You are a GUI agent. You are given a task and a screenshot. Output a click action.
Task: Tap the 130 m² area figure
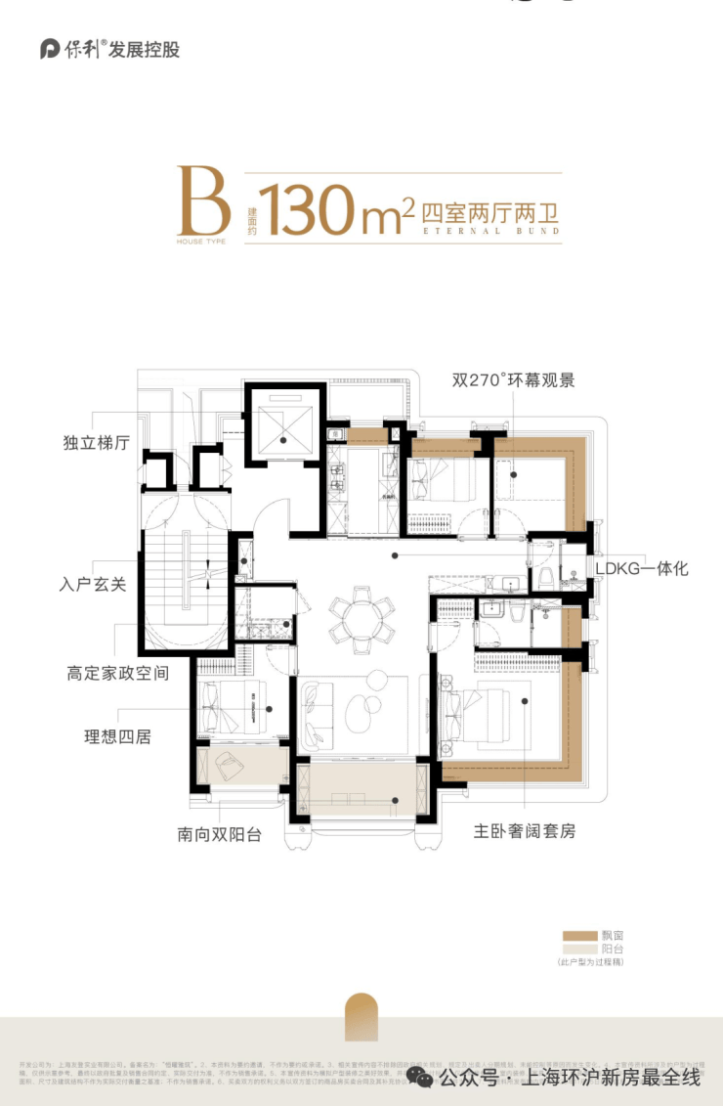[x=332, y=208]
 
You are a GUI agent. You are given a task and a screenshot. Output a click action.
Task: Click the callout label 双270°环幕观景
[x=513, y=379]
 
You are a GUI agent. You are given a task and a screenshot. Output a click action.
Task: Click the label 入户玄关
[x=95, y=589]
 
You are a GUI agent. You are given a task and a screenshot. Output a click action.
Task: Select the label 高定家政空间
[x=118, y=674]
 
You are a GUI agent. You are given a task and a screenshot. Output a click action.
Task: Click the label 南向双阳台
[x=219, y=836]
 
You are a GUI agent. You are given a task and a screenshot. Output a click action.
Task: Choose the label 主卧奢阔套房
[x=525, y=831]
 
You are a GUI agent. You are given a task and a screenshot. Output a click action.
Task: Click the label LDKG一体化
[x=642, y=568]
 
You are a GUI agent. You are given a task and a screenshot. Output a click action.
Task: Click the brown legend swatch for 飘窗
[x=579, y=936]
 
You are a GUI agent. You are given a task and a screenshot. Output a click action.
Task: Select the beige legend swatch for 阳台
[x=579, y=949]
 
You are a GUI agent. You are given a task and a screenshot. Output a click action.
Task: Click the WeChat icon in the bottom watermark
[x=421, y=1077]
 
